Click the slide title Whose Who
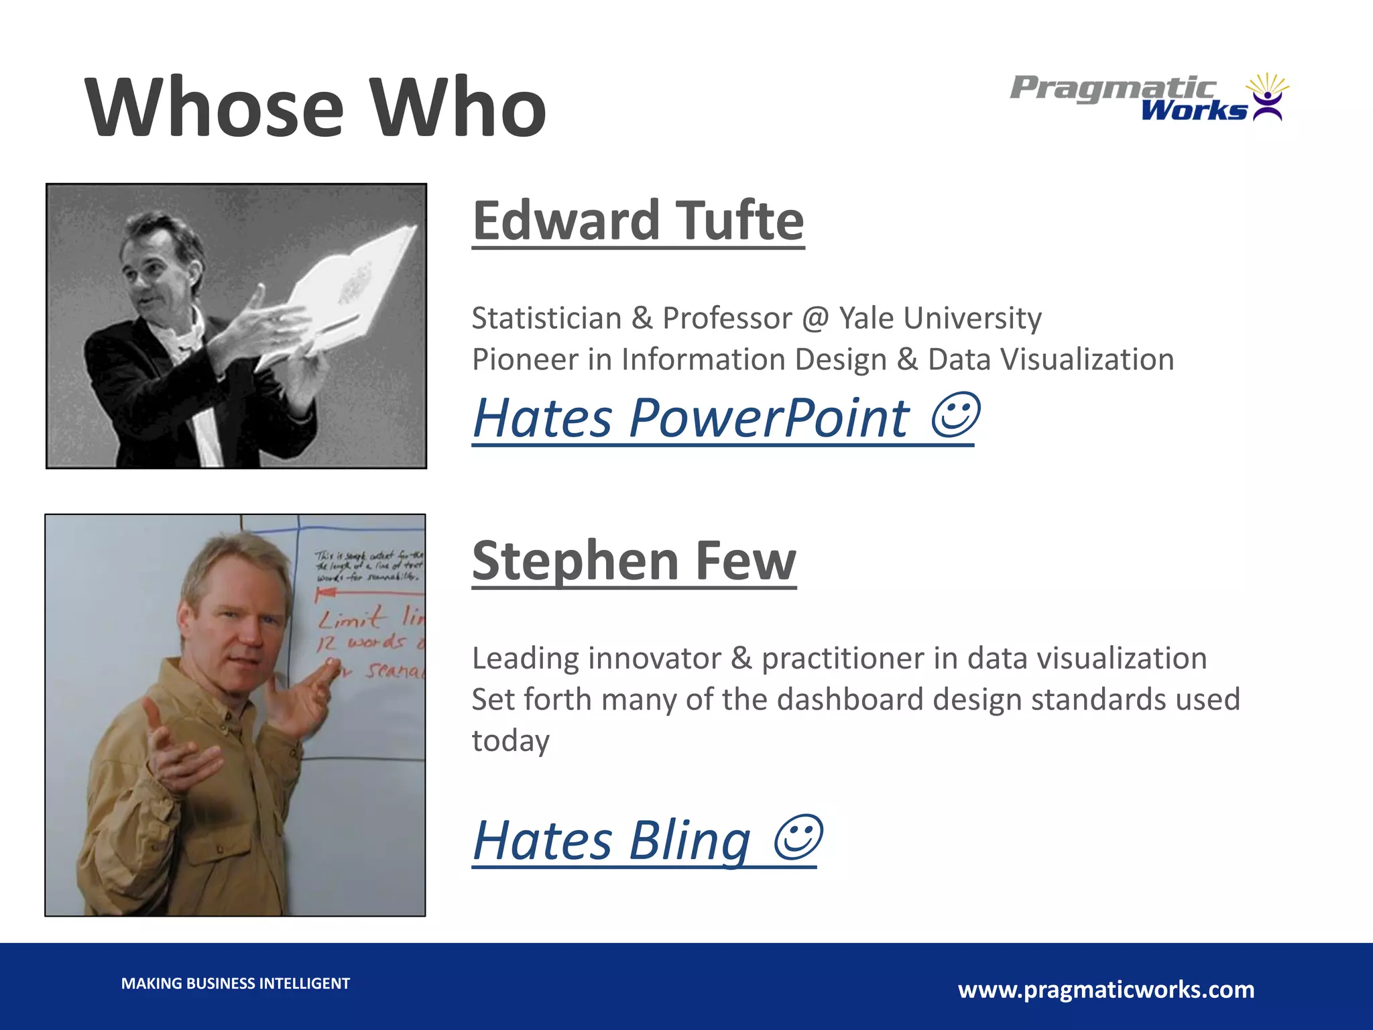click(x=315, y=107)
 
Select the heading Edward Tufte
click(x=638, y=221)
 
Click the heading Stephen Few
click(x=634, y=561)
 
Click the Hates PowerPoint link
click(x=691, y=418)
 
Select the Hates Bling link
click(x=611, y=841)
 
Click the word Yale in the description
click(x=866, y=318)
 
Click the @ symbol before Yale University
click(x=815, y=318)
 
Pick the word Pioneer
click(x=525, y=359)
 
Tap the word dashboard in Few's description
click(x=849, y=699)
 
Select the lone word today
click(x=510, y=741)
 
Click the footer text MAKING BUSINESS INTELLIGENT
click(x=235, y=984)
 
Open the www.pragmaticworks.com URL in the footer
click(x=1106, y=990)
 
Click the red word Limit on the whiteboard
click(x=352, y=617)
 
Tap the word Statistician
click(x=546, y=318)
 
